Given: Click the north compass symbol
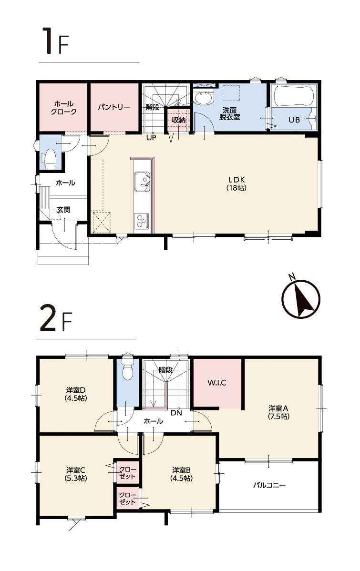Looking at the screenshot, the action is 300,298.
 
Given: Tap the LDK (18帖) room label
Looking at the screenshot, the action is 237,184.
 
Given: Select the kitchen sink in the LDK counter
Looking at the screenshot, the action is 142,181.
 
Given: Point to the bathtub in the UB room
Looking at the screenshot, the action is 293,96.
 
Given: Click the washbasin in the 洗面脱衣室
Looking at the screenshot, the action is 203,98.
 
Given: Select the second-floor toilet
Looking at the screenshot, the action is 127,368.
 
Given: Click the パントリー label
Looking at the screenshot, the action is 114,107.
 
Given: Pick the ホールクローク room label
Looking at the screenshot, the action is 64,108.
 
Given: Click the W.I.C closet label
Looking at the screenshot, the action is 217,383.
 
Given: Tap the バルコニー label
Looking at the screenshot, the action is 269,485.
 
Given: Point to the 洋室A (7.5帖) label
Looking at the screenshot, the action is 279,412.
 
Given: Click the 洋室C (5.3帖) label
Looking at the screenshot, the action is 76,474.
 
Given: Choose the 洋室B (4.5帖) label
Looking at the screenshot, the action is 182,474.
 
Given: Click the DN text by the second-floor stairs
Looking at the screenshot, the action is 176,413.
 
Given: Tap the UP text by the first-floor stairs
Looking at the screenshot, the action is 151,138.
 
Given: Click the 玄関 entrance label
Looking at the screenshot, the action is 63,210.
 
